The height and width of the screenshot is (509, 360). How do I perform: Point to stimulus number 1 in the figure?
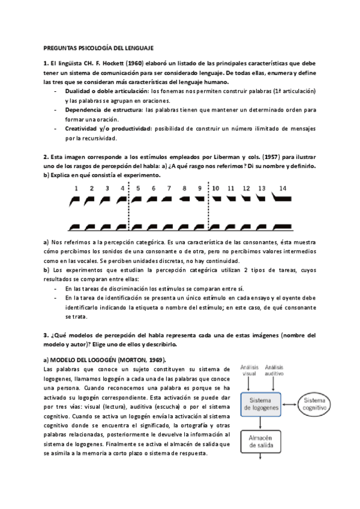(76, 188)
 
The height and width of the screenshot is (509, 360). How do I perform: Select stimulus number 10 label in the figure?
(216, 188)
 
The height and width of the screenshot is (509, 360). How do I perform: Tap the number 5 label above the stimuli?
(138, 188)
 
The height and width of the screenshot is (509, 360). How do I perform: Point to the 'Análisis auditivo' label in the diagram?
(274, 370)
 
